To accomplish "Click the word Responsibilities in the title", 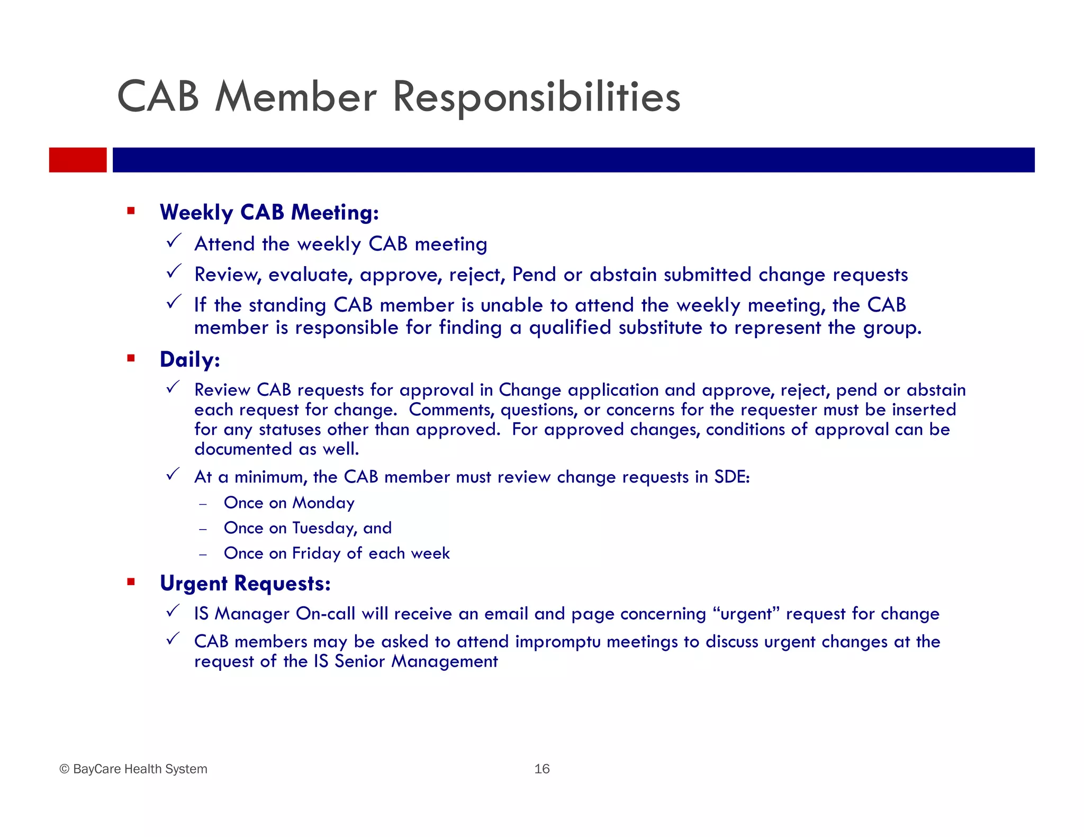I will coord(536,98).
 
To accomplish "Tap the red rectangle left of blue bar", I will coord(78,160).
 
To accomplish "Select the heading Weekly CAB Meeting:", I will coord(269,213).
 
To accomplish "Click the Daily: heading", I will coord(190,360).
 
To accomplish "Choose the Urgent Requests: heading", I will coord(245,584).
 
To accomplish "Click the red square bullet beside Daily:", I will coord(131,359).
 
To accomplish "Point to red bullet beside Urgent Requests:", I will coord(131,583).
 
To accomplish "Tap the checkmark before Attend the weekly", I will coord(174,241).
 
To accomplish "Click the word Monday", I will coord(323,503).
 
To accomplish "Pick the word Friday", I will coord(316,553).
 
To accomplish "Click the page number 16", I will coord(542,769).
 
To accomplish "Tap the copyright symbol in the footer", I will coord(65,769).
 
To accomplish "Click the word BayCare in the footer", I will coord(96,769).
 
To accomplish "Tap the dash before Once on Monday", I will coord(203,504).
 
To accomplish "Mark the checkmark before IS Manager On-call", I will coord(174,611).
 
